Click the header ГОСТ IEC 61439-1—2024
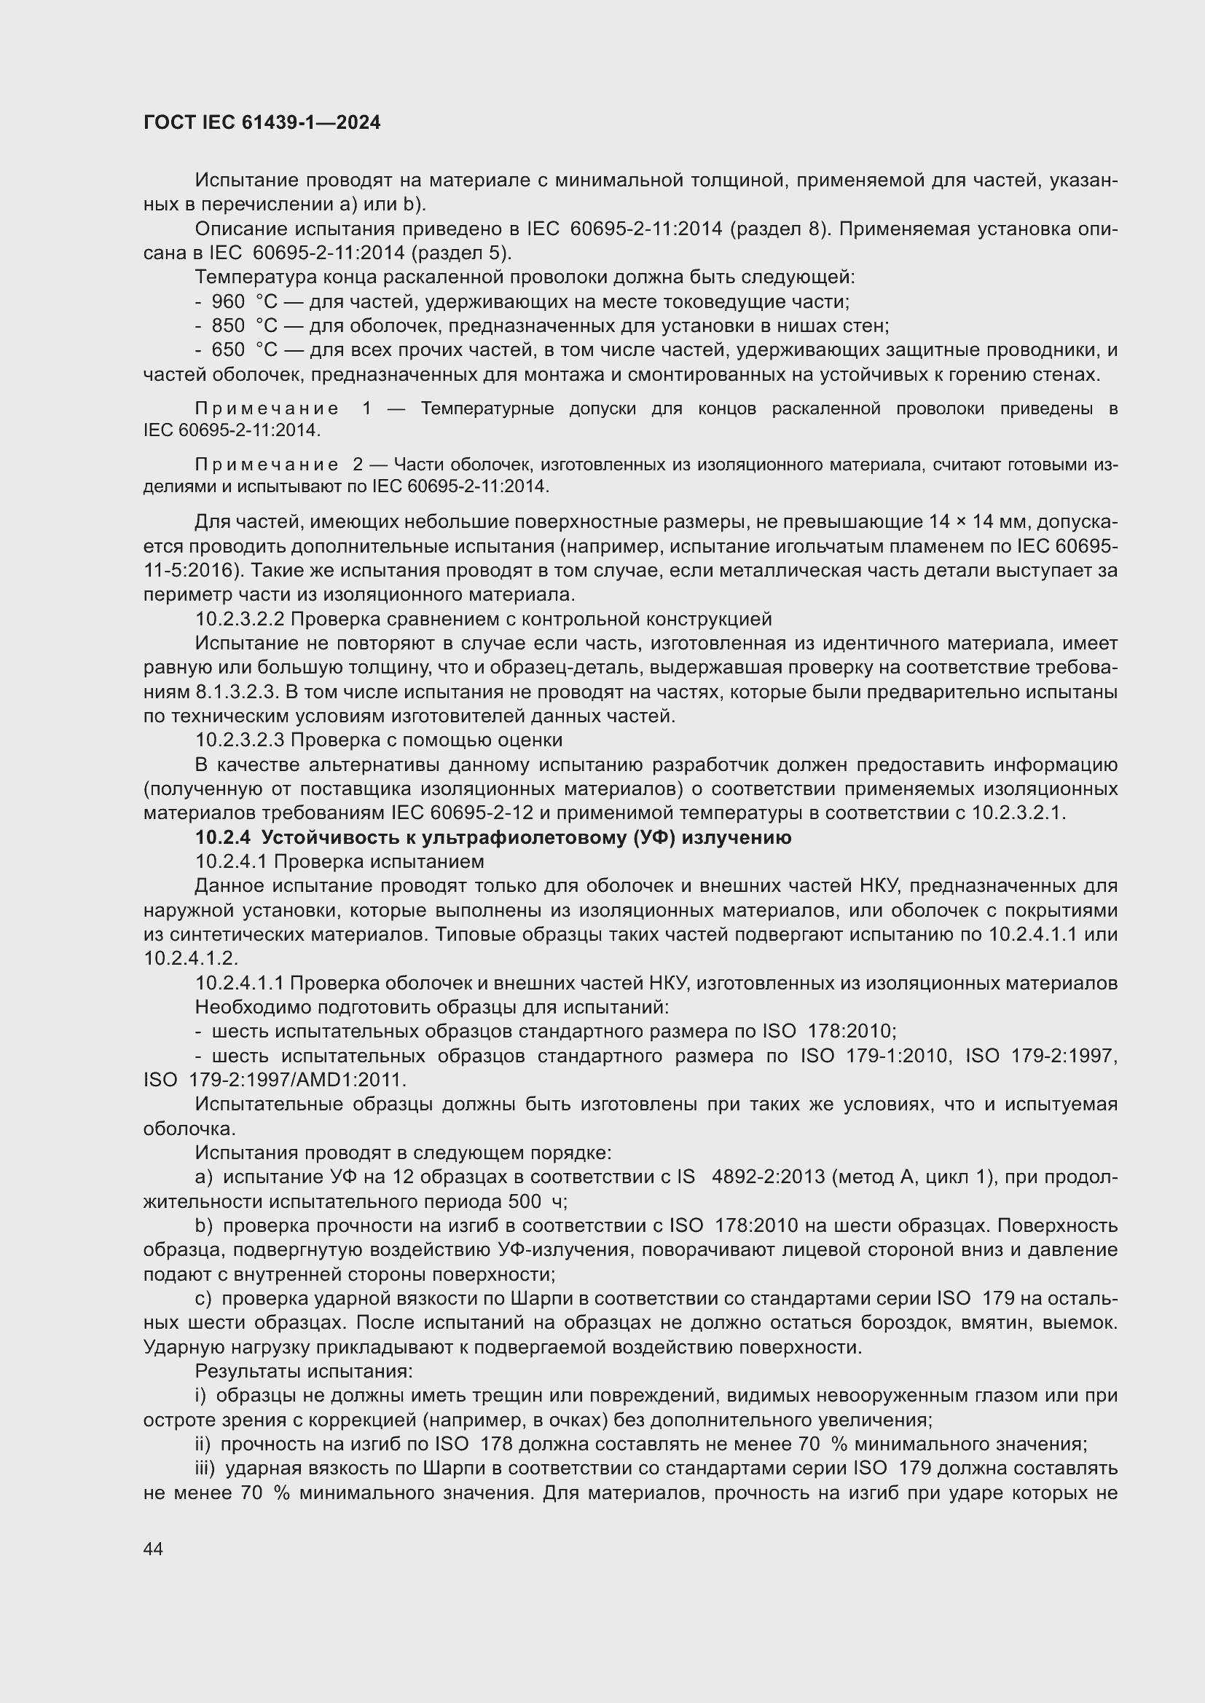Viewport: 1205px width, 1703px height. tap(262, 123)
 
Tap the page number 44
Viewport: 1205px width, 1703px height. tap(153, 1549)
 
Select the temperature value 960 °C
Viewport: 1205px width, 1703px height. tap(244, 302)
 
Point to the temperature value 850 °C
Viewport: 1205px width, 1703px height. tap(244, 325)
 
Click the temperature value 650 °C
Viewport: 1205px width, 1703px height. tap(244, 350)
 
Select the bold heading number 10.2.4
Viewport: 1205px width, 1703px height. tap(223, 837)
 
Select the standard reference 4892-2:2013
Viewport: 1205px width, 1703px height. tap(768, 1177)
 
